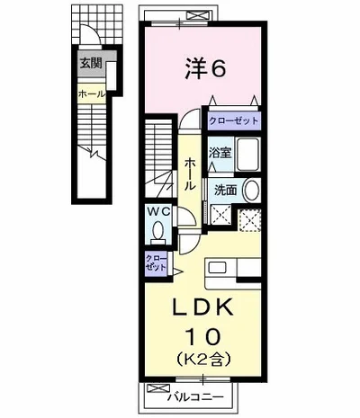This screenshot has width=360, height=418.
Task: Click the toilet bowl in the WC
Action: tap(159, 232)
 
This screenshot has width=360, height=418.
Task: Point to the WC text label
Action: tap(158, 212)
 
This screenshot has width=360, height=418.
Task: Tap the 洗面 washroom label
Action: tap(224, 191)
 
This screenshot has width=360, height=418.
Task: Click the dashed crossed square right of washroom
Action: tap(252, 218)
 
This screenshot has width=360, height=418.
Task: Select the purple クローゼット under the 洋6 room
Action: tap(234, 120)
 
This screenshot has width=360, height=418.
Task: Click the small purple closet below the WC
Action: tap(156, 263)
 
